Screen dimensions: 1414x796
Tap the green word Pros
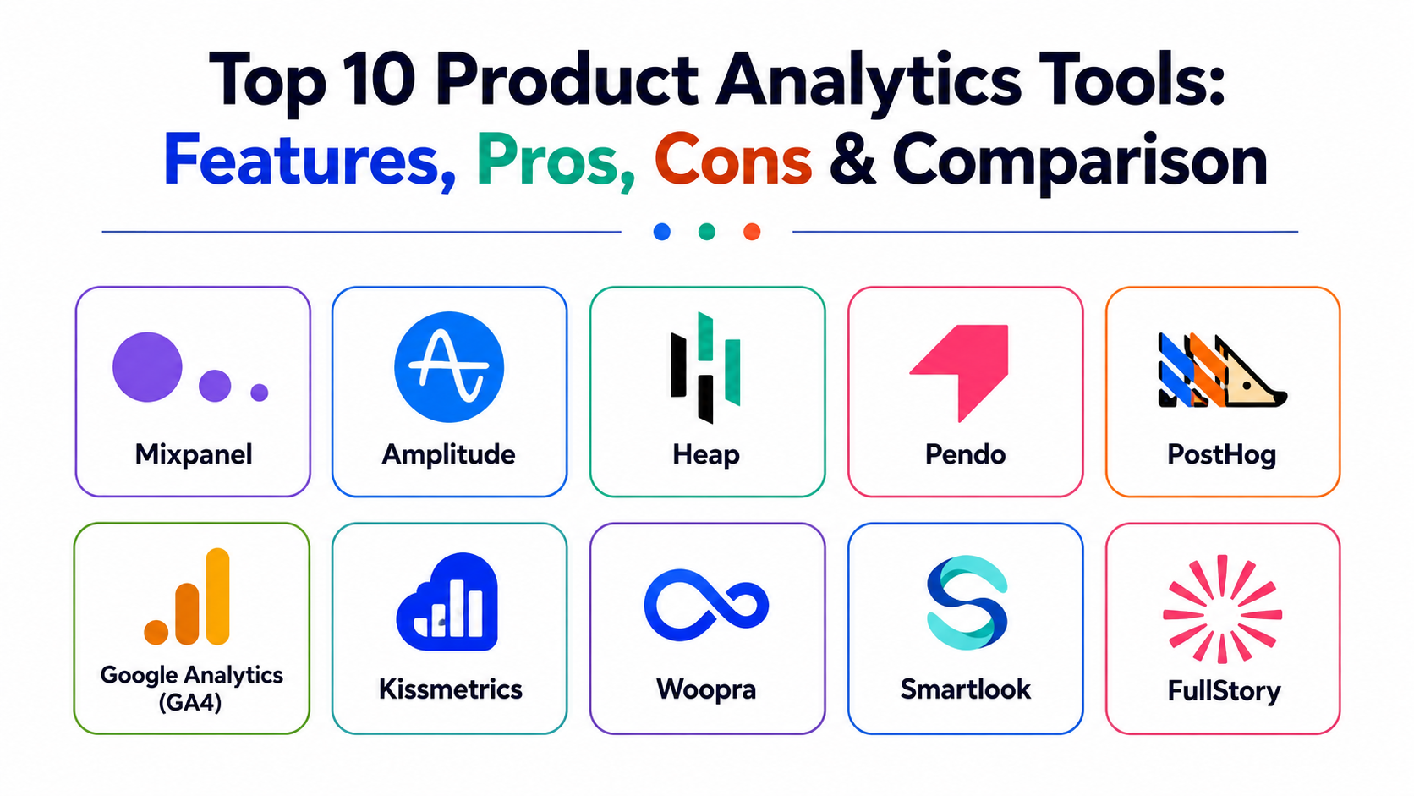tap(556, 159)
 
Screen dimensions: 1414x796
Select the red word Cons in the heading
tap(733, 159)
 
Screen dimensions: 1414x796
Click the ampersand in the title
tap(852, 159)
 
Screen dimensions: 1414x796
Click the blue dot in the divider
tap(661, 232)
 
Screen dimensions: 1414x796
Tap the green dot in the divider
tap(707, 232)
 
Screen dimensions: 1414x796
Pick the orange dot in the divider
tap(752, 232)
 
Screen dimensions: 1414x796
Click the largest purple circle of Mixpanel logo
tap(147, 367)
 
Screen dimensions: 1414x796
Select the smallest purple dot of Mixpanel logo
tap(260, 392)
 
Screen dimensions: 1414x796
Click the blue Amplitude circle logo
tap(449, 367)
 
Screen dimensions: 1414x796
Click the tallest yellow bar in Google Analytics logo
tap(218, 596)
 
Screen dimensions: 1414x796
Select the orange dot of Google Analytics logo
tap(156, 633)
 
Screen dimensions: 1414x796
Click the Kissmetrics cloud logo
tap(447, 601)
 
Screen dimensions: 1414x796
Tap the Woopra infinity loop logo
tap(706, 605)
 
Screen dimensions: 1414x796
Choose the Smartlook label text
tap(965, 689)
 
